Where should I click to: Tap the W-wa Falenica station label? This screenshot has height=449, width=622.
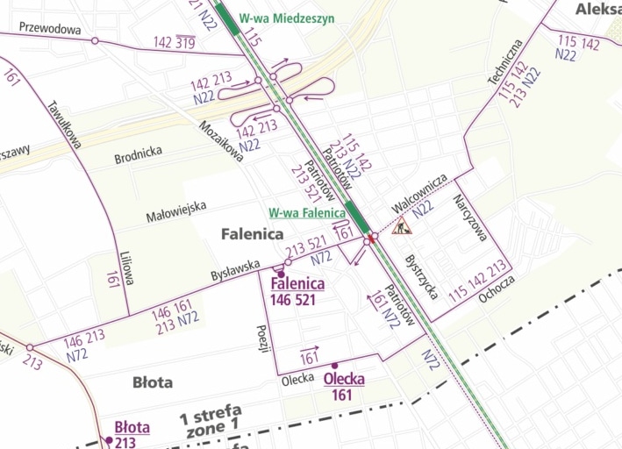pyautogui.click(x=307, y=212)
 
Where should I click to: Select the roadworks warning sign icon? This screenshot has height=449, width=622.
pyautogui.click(x=403, y=225)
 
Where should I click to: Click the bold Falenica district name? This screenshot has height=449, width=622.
pyautogui.click(x=252, y=234)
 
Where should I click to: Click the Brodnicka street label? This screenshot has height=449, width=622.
pyautogui.click(x=138, y=158)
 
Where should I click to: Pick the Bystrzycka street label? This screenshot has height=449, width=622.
pyautogui.click(x=421, y=276)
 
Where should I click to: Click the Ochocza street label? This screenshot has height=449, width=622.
pyautogui.click(x=497, y=289)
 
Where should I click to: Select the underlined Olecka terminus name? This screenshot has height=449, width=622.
pyautogui.click(x=344, y=379)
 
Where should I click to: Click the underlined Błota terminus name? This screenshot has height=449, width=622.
pyautogui.click(x=132, y=428)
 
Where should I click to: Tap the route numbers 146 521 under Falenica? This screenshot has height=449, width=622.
pyautogui.click(x=297, y=300)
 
